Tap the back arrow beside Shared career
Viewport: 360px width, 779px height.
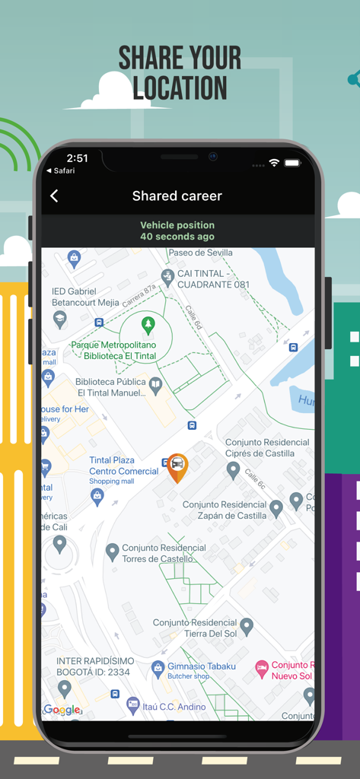click(54, 196)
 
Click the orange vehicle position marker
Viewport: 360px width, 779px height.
click(177, 466)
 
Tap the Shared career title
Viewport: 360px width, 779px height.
click(177, 196)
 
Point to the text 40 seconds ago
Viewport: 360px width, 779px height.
click(177, 237)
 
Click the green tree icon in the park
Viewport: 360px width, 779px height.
click(148, 326)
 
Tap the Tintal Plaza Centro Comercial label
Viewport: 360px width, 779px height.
click(124, 466)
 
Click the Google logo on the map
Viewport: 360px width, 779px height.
click(62, 710)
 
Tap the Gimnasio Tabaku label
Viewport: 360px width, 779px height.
click(202, 666)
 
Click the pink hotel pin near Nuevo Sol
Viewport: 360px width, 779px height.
click(261, 668)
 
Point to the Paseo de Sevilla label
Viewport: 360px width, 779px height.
click(201, 253)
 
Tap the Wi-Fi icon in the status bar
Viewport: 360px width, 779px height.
click(274, 163)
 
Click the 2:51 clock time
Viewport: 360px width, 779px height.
click(78, 158)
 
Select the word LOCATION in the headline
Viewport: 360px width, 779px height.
click(180, 88)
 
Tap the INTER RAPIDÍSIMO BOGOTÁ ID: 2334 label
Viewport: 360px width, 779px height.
click(93, 667)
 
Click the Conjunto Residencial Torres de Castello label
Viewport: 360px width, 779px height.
click(164, 553)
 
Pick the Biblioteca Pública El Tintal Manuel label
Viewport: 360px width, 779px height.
click(111, 387)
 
